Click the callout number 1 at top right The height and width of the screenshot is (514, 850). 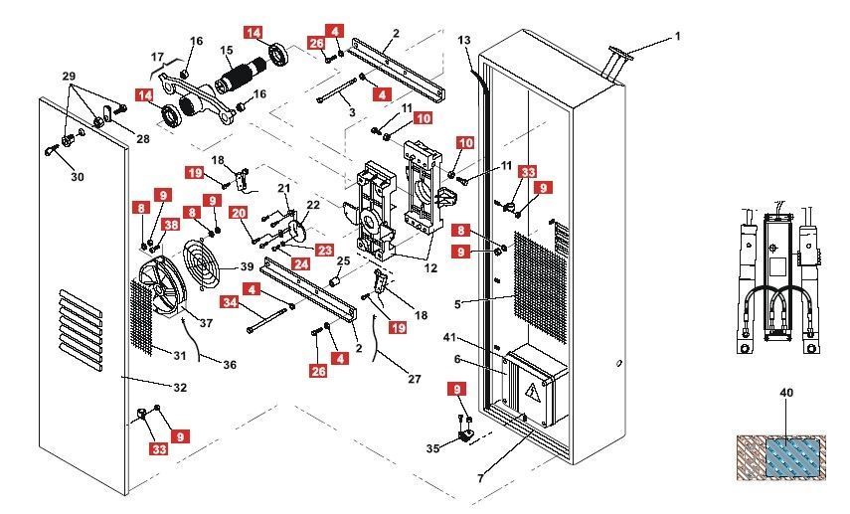[678, 37]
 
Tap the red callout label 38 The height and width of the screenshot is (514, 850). [171, 226]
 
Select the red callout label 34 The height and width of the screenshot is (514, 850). [229, 302]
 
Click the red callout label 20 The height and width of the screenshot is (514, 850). [239, 213]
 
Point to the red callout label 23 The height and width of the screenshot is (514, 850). [324, 251]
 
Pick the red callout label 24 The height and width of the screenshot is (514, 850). [300, 264]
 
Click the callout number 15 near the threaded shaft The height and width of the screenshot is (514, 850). [226, 51]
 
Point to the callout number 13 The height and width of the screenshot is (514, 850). [464, 40]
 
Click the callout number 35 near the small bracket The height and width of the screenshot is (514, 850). [431, 449]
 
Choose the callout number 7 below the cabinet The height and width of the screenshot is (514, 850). [480, 479]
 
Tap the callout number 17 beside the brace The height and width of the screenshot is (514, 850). [157, 57]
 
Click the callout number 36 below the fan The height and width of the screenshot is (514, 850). [230, 365]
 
